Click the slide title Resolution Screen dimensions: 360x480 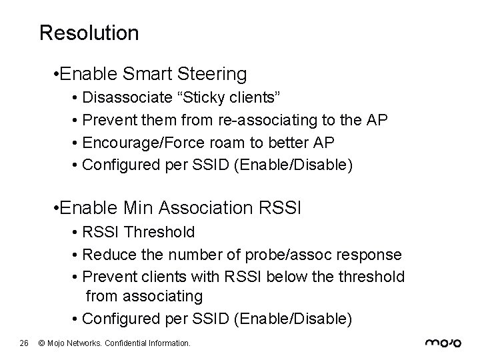click(x=89, y=33)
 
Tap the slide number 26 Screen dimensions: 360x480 click(x=23, y=343)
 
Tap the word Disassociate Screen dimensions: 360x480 click(x=127, y=99)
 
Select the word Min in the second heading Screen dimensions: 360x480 click(x=139, y=207)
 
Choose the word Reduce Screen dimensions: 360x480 click(x=105, y=255)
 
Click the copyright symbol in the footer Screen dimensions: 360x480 click(x=41, y=343)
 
